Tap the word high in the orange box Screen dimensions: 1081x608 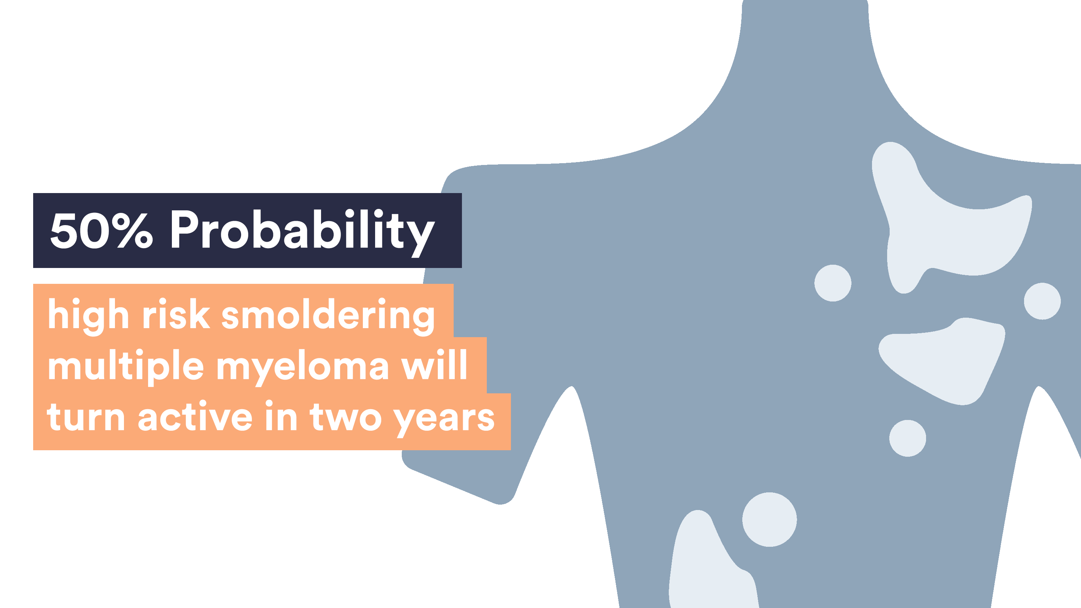click(88, 317)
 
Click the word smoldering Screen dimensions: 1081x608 click(328, 317)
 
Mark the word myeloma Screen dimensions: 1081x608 click(303, 369)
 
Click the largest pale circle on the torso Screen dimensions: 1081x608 click(769, 519)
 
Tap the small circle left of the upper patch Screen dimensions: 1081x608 click(833, 283)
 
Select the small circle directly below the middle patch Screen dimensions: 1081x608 click(907, 438)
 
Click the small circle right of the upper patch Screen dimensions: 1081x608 click(1042, 301)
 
